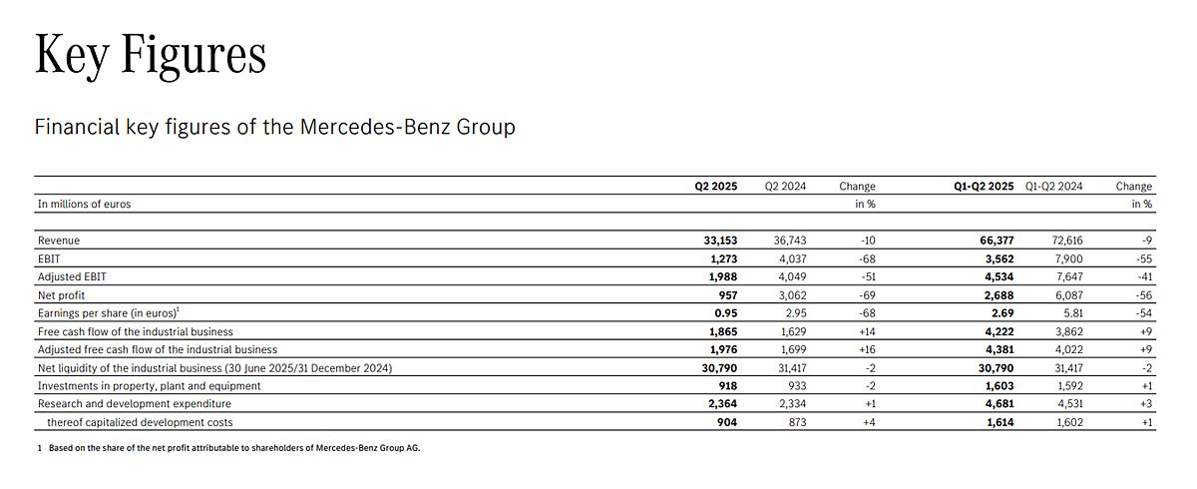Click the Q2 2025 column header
(x=715, y=186)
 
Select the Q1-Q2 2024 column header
(x=1053, y=186)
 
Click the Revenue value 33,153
(x=720, y=241)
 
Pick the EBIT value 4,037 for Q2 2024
(x=790, y=258)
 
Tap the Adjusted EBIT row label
(x=72, y=276)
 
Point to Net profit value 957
(x=728, y=295)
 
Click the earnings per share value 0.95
(x=726, y=313)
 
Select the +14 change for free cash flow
(x=867, y=331)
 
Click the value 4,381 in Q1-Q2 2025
(x=999, y=349)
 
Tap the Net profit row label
(x=61, y=295)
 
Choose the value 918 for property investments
(x=728, y=386)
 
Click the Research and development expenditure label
(x=134, y=403)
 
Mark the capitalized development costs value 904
(x=727, y=422)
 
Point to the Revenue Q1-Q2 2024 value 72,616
(x=1067, y=241)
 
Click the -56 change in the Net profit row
(x=1144, y=295)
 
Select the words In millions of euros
(x=84, y=204)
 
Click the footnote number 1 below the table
(x=40, y=448)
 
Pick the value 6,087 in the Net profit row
(x=1068, y=295)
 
